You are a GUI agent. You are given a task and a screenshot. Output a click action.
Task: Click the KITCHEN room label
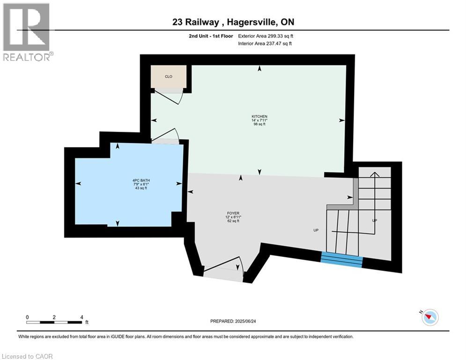[259, 116]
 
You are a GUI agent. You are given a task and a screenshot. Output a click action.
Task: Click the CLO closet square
[169, 76]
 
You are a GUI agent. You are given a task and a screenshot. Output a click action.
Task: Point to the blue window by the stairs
[342, 259]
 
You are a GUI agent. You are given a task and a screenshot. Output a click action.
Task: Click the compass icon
[429, 317]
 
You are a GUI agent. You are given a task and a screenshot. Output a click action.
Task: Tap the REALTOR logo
[27, 31]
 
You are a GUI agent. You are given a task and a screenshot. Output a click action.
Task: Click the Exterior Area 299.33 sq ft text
[266, 36]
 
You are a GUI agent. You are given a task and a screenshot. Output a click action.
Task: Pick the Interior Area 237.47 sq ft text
[265, 44]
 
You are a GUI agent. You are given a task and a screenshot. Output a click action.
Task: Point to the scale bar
[55, 322]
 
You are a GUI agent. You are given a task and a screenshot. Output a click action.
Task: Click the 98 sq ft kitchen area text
[259, 125]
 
